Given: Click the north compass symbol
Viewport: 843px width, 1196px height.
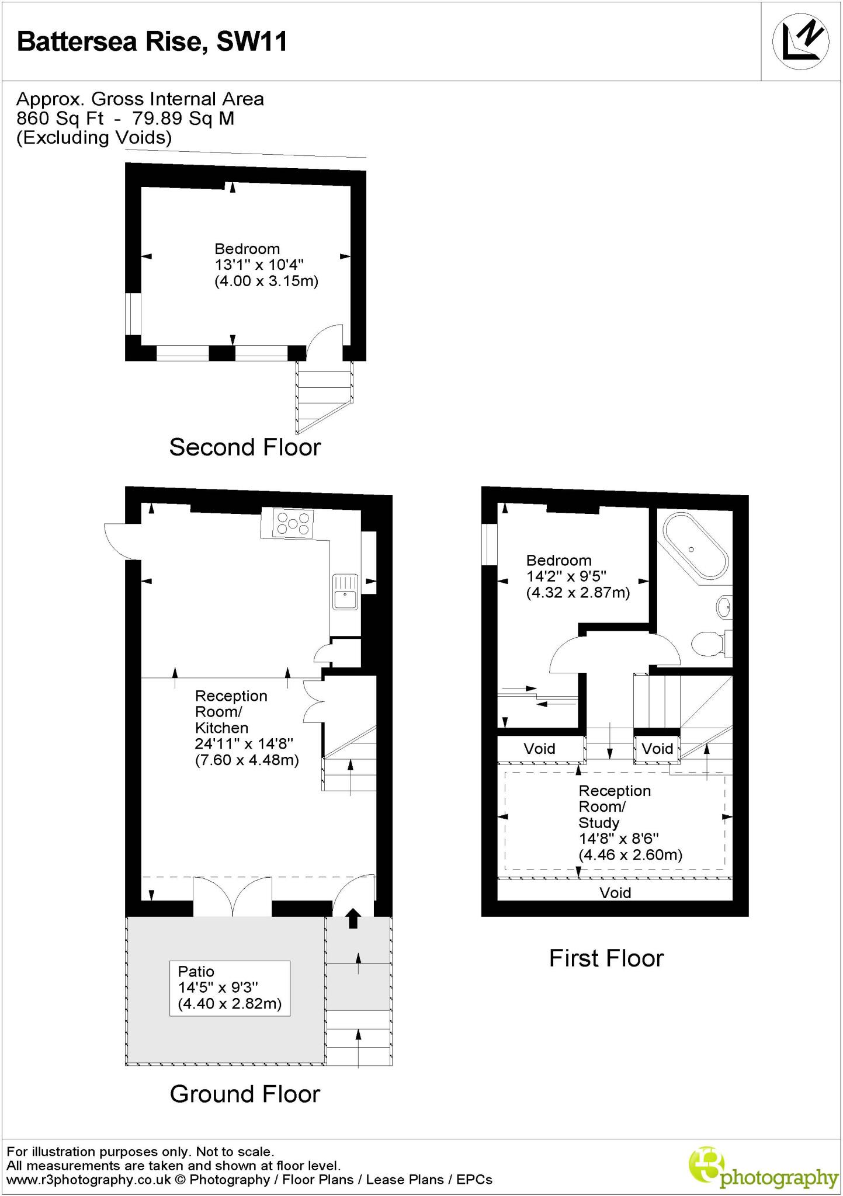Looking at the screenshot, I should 801,41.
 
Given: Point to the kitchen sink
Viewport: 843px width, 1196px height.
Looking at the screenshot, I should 345,592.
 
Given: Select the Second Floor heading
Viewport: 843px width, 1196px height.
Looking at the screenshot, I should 245,447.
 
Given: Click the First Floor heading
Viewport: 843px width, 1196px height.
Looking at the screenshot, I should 606,958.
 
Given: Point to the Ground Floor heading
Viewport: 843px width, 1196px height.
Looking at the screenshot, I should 245,1094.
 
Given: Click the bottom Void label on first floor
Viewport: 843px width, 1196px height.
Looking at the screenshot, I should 615,893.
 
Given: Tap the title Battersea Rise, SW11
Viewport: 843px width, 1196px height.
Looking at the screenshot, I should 152,42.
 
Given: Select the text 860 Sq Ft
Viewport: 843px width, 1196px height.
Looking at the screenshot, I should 60,119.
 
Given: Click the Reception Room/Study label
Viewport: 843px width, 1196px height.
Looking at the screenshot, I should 615,806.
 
